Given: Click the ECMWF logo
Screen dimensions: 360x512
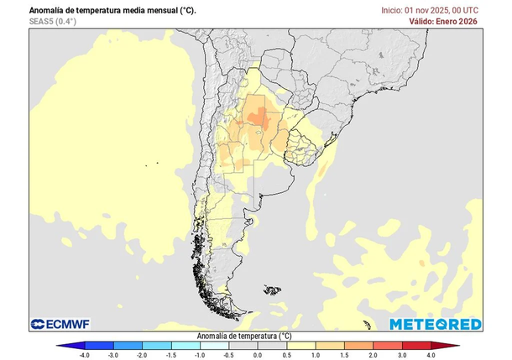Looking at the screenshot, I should pyautogui.click(x=60, y=324).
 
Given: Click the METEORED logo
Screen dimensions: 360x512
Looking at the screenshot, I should pyautogui.click(x=435, y=324).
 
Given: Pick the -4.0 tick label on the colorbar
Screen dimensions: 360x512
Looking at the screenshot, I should pyautogui.click(x=84, y=355).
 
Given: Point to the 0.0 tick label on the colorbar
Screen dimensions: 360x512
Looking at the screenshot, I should pyautogui.click(x=258, y=355).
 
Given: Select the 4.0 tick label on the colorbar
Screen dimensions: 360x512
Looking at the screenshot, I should pyautogui.click(x=431, y=355).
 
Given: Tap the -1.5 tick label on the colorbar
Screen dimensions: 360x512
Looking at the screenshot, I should pyautogui.click(x=171, y=355).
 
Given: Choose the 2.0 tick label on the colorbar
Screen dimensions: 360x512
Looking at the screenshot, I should pyautogui.click(x=374, y=355).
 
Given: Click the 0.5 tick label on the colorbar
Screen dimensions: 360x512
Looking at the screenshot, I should pyautogui.click(x=287, y=355).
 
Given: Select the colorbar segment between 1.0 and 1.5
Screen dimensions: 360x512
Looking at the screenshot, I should pyautogui.click(x=330, y=344).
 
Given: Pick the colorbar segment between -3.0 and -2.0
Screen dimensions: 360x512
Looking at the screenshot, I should pyautogui.click(x=128, y=344).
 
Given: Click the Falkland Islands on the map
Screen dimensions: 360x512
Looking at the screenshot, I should pyautogui.click(x=271, y=290).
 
